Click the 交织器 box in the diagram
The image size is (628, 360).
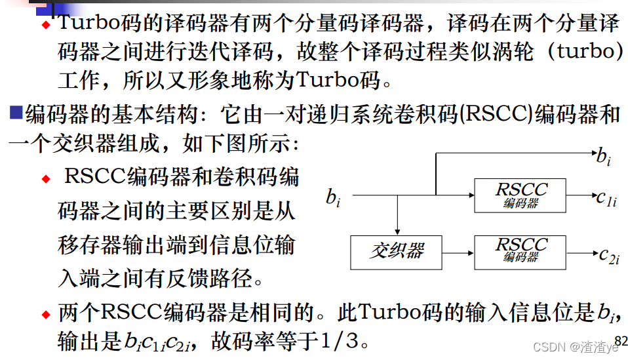(x=397, y=251)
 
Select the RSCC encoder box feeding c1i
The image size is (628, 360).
(x=520, y=195)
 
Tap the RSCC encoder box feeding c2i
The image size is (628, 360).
(x=520, y=251)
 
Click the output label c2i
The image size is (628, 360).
(x=609, y=254)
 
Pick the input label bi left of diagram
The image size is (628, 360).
(x=333, y=197)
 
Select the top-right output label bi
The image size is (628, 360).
(x=603, y=157)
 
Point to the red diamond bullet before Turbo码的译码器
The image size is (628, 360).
(x=46, y=25)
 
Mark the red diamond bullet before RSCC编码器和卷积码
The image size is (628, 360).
(x=46, y=179)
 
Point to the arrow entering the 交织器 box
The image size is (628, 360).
(x=397, y=226)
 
